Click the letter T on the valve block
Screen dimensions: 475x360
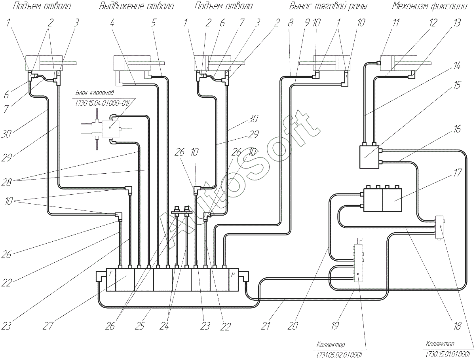tap(110, 274)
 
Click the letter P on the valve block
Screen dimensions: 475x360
tap(233, 275)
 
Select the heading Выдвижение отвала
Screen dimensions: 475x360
tap(137, 6)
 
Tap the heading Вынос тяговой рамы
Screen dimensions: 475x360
tap(328, 6)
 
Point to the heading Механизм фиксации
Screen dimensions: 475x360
tap(429, 6)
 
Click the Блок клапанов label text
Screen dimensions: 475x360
tap(94, 93)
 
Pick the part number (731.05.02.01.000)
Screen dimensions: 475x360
tap(339, 354)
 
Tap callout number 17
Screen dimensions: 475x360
tap(457, 173)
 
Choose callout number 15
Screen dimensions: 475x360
tap(457, 85)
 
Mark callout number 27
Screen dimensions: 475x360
tap(47, 326)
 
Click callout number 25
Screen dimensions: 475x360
tap(140, 326)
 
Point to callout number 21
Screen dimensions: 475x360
tap(265, 326)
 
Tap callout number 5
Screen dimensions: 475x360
tap(154, 23)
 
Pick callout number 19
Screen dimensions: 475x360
tap(335, 326)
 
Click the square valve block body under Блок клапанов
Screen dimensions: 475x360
tap(110, 129)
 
